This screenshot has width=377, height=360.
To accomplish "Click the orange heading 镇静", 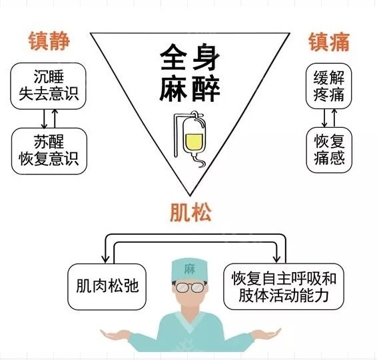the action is click(x=49, y=41).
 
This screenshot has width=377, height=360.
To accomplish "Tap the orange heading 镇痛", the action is click(x=329, y=42).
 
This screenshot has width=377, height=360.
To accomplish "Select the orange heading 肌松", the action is click(x=190, y=212).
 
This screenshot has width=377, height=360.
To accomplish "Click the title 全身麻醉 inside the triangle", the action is click(x=190, y=73).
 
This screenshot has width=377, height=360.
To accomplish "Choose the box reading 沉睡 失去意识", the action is click(x=48, y=86).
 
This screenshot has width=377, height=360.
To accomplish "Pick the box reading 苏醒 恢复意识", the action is click(x=49, y=151).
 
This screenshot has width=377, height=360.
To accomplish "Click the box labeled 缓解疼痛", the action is click(x=328, y=86).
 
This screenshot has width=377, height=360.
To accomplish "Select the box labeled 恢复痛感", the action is click(x=329, y=150).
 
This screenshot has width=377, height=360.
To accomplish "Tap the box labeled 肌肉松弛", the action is click(x=107, y=287).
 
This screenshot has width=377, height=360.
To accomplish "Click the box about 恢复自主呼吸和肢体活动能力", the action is click(x=284, y=287).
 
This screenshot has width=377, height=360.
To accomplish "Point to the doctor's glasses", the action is click(x=190, y=287).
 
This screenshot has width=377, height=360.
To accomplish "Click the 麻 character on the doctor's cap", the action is click(x=189, y=270).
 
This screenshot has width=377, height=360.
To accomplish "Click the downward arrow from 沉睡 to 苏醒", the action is click(x=44, y=119).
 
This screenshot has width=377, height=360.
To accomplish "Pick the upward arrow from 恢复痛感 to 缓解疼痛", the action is click(x=334, y=118).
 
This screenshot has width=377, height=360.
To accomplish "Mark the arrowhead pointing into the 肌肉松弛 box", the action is click(x=105, y=260).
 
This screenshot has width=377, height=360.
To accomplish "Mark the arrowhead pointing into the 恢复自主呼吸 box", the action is click(x=277, y=259).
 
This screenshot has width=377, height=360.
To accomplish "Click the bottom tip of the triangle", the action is click(x=190, y=196).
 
